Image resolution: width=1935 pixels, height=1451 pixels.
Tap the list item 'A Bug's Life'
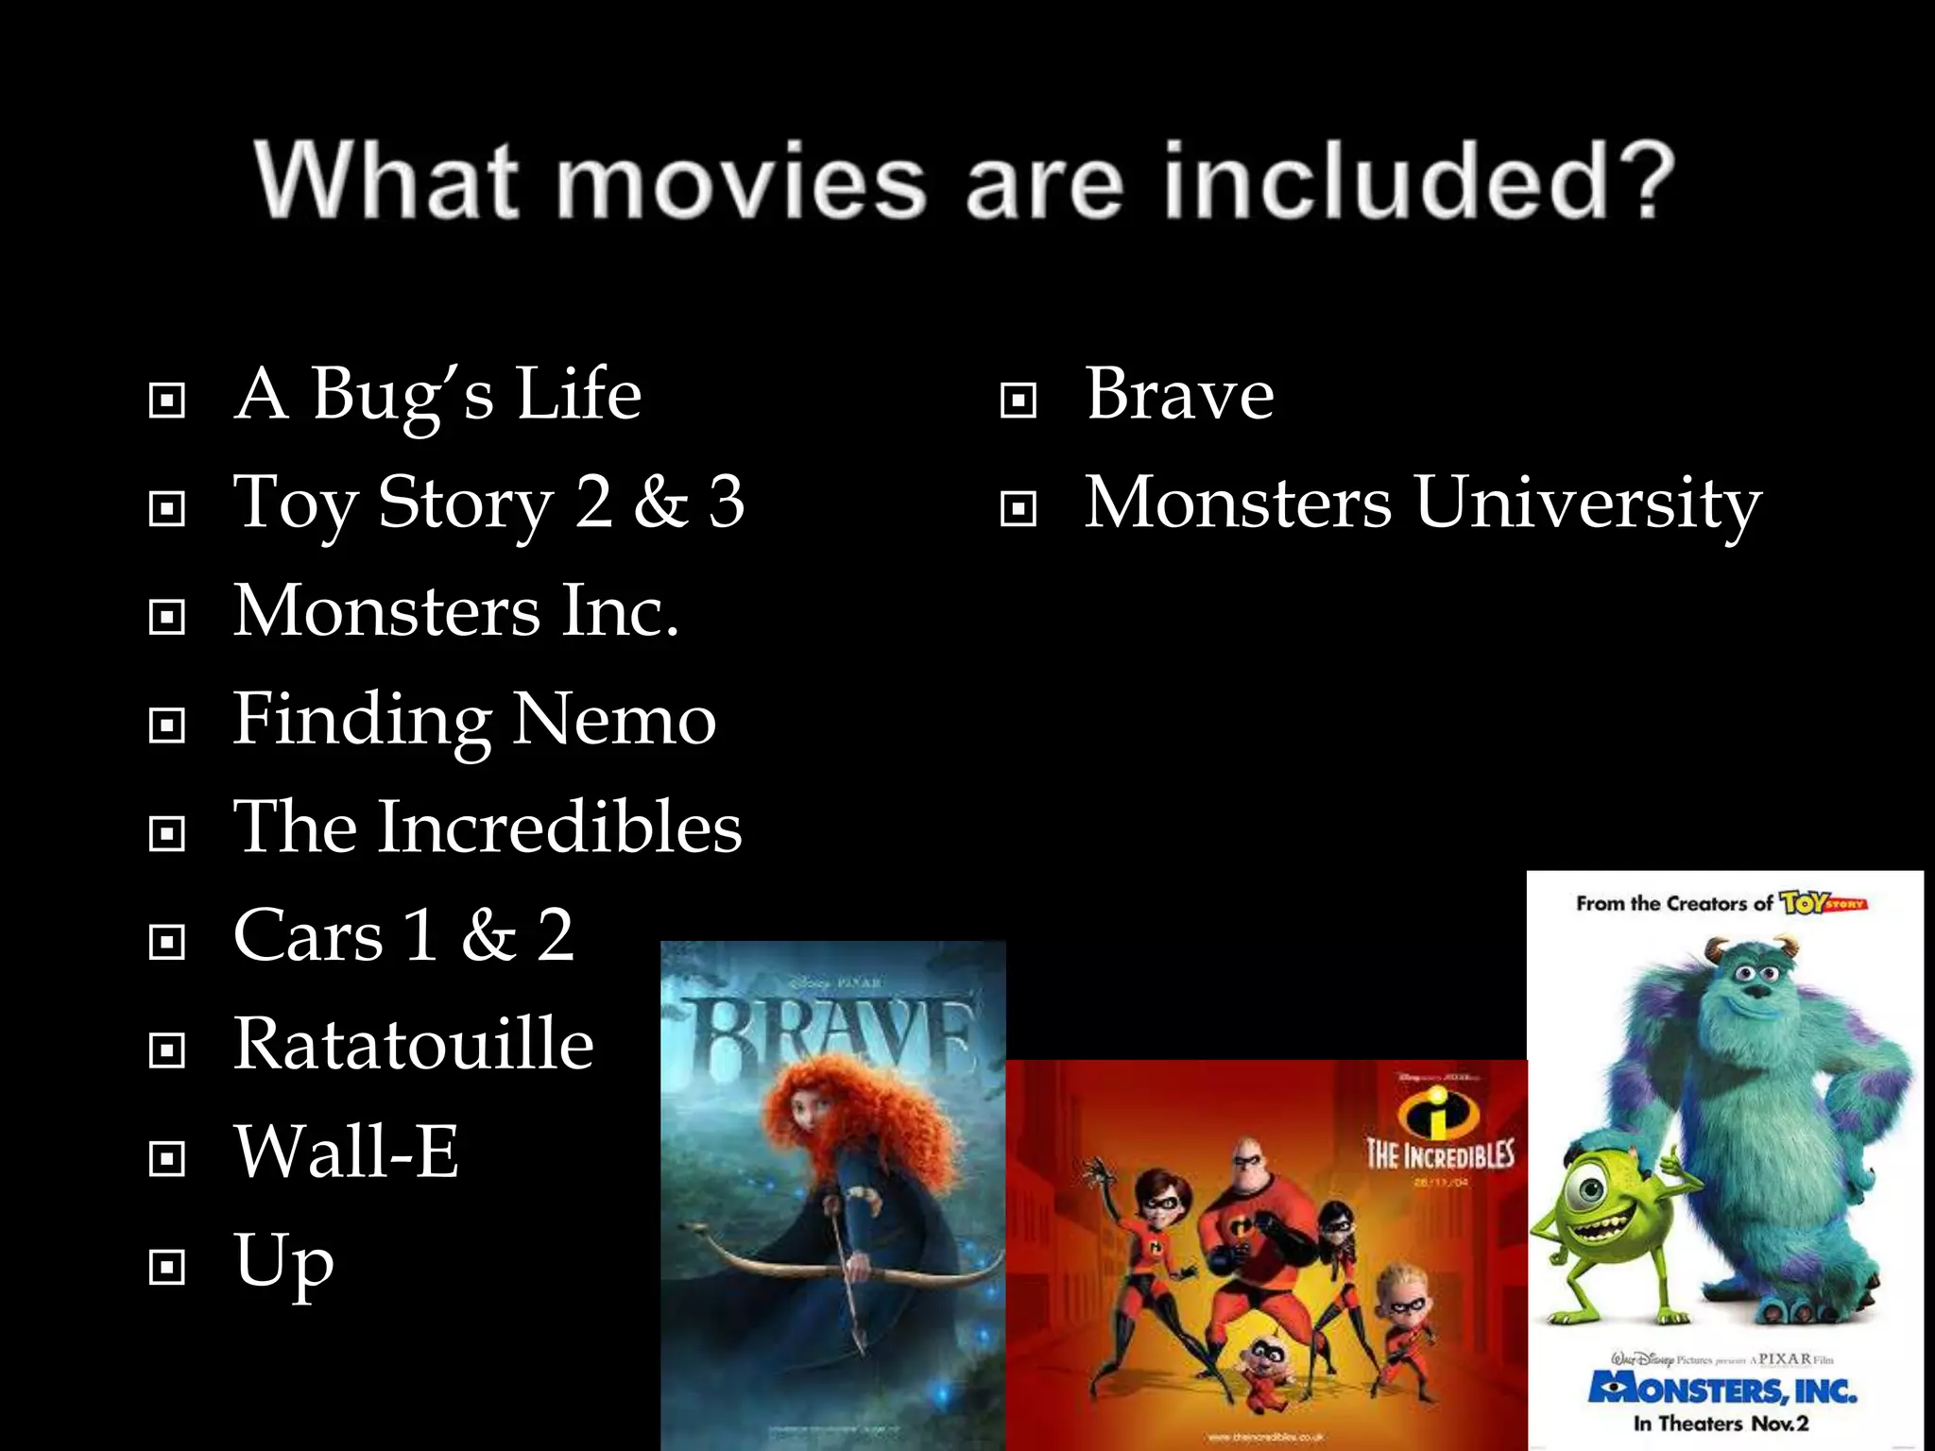pos(437,395)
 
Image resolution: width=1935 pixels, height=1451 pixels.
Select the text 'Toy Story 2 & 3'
pos(488,503)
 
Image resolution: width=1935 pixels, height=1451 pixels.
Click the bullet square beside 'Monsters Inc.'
pos(167,618)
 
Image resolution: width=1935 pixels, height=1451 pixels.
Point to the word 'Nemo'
pos(615,720)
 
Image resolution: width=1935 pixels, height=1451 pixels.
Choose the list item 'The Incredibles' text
pos(488,828)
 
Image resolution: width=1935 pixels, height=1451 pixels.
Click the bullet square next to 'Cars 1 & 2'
pos(167,942)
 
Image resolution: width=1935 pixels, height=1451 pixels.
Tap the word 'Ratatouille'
pos(414,1044)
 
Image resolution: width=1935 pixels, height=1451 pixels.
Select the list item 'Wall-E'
pos(346,1152)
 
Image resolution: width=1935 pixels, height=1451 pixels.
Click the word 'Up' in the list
pos(283,1261)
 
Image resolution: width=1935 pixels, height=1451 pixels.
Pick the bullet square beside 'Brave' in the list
pos(1018,401)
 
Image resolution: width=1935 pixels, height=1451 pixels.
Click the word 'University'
pos(1587,503)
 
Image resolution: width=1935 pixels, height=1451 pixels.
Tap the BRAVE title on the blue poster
pos(831,1039)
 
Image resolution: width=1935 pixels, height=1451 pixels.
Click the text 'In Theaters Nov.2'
pos(1721,1424)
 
